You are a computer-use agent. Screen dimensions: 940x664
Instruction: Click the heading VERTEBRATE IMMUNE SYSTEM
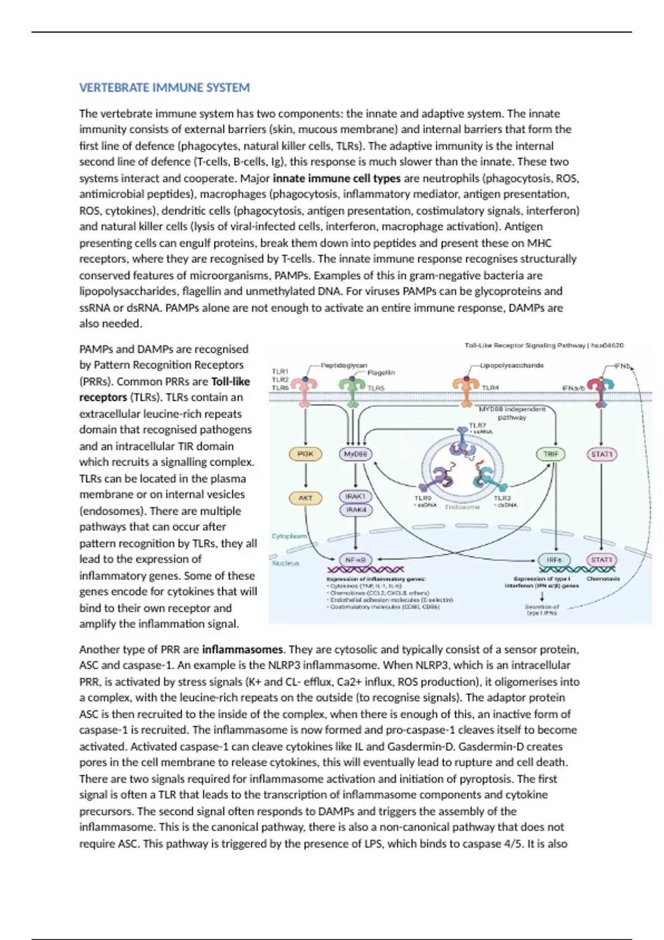tap(164, 87)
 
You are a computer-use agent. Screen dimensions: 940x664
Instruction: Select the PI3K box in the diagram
tap(305, 454)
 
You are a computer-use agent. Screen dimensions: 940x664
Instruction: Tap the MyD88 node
tap(355, 454)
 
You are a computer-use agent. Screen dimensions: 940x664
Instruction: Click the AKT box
tap(305, 498)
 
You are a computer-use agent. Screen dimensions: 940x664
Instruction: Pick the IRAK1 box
tap(355, 497)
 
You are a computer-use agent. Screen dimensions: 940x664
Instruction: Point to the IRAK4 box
tap(355, 509)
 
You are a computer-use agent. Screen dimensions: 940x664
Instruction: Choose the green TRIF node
tap(551, 454)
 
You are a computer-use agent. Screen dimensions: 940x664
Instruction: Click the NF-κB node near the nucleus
tap(355, 560)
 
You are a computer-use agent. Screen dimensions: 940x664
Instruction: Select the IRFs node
tap(554, 560)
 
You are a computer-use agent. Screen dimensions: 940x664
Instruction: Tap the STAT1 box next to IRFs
tap(601, 560)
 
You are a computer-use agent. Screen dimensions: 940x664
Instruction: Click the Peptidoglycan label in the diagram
tap(344, 365)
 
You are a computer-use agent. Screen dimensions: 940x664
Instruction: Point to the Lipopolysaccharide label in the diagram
tap(512, 365)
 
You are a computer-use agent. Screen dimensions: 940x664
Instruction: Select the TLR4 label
tap(490, 388)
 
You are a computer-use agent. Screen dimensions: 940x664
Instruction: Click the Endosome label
tap(463, 506)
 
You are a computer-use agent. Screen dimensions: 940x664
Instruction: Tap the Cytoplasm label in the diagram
tap(289, 536)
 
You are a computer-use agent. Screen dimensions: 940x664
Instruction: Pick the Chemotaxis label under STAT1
tap(603, 579)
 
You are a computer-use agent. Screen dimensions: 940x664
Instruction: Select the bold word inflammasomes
tap(242, 649)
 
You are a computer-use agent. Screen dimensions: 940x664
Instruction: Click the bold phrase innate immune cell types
tap(336, 178)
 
